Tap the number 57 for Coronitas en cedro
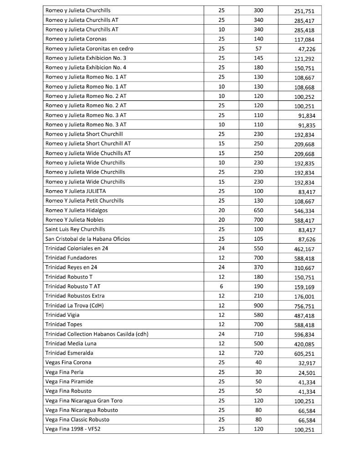coord(258,49)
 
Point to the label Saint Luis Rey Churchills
coord(75,229)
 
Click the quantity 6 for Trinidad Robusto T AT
coord(221,286)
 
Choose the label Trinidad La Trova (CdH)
coord(75,306)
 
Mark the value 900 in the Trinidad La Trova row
coord(258,306)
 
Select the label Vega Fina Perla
coord(64,372)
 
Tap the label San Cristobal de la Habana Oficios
coord(87,239)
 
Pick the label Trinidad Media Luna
coord(71,343)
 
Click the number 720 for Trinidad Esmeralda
coord(258,353)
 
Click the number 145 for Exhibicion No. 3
coord(258,58)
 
